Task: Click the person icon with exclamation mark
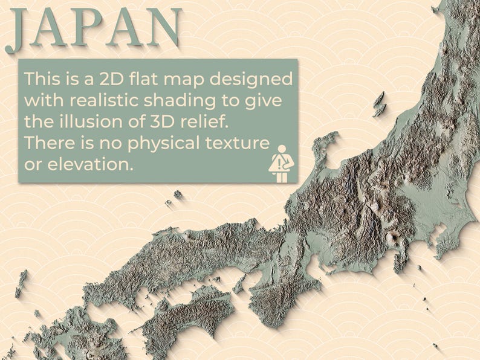280,164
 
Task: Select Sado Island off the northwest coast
379,104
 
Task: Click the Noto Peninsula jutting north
326,148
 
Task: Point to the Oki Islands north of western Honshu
177,195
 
